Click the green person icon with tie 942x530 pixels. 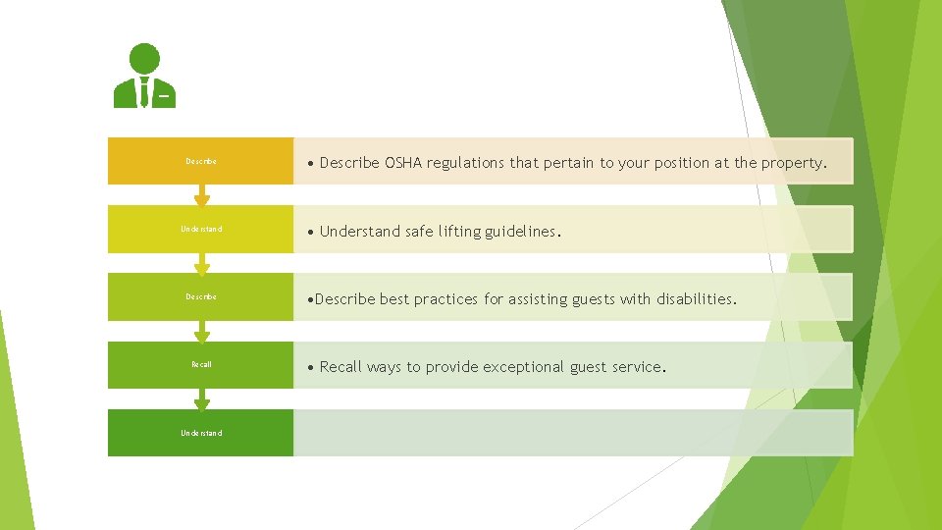(144, 76)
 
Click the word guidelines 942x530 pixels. (521, 232)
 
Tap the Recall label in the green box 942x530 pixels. (201, 365)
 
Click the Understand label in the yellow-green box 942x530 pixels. (201, 230)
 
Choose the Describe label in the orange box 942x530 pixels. (201, 161)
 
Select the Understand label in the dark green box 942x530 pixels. (201, 433)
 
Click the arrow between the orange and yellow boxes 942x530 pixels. (202, 196)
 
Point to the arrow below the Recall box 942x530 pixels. (202, 399)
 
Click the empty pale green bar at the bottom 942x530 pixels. (573, 433)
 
